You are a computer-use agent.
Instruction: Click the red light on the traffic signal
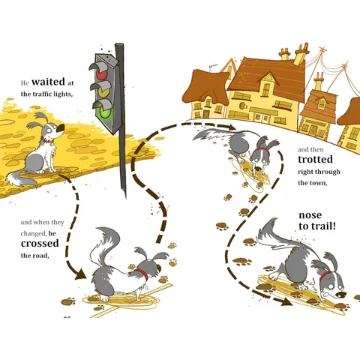(x=101, y=74)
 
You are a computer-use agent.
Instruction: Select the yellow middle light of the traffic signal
(x=103, y=92)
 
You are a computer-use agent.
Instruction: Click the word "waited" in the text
(x=48, y=82)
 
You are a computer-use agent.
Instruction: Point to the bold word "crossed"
(x=40, y=243)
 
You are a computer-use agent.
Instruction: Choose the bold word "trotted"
(x=315, y=159)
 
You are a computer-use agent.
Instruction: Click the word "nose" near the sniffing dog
(x=310, y=215)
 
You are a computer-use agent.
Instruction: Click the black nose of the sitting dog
(x=61, y=128)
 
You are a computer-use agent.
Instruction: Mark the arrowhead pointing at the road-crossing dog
(x=80, y=274)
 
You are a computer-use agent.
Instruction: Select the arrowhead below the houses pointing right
(x=231, y=127)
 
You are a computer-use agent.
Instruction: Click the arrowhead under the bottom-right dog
(x=286, y=302)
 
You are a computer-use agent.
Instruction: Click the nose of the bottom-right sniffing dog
(x=340, y=295)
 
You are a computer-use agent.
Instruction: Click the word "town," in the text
(x=319, y=183)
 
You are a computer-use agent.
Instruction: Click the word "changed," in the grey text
(x=34, y=234)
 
